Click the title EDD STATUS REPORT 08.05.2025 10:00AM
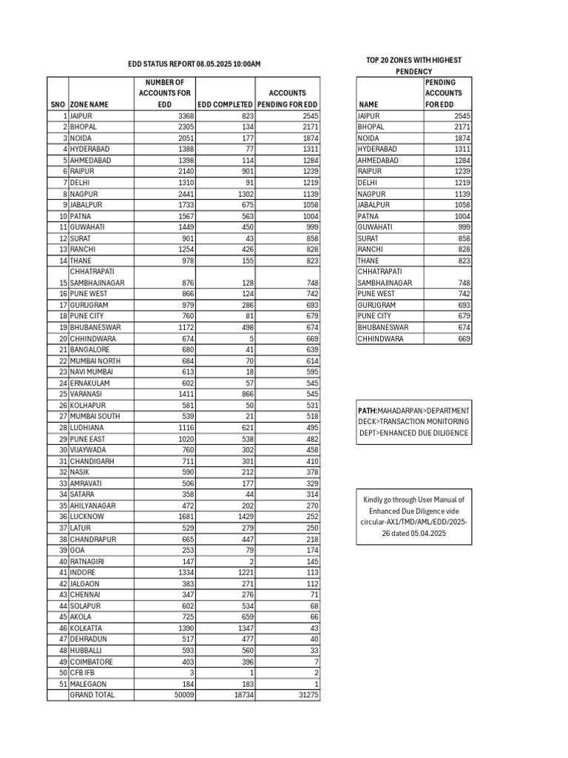coord(195,65)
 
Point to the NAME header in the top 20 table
coord(368,105)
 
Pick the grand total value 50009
coord(182,695)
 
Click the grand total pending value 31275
coord(307,695)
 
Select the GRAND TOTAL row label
coord(92,695)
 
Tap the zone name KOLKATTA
coord(88,628)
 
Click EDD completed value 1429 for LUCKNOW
coord(242,517)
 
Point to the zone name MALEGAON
coord(89,684)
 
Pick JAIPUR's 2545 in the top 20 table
coord(461,116)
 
